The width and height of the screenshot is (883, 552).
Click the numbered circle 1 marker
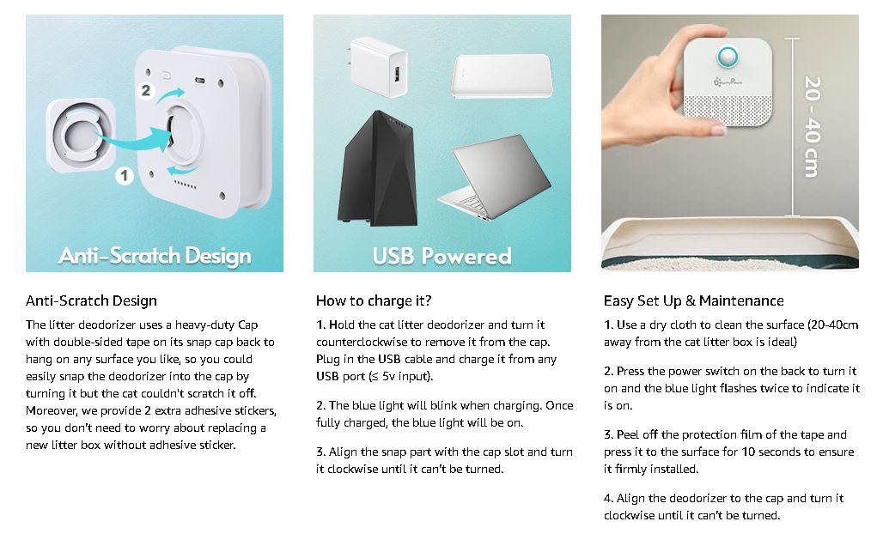(x=125, y=176)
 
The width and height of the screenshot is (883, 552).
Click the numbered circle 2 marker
(x=146, y=90)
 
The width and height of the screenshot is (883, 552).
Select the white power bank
(x=501, y=76)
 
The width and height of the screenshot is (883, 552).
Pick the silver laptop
(x=494, y=177)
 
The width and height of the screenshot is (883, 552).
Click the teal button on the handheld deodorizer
(x=727, y=57)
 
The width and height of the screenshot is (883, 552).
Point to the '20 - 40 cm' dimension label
(x=812, y=126)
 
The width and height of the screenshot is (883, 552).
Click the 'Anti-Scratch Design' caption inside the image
(x=155, y=256)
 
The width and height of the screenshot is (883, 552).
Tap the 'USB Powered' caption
(x=442, y=256)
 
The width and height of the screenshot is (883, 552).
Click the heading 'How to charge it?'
(x=374, y=301)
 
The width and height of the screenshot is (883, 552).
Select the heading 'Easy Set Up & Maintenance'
(x=694, y=301)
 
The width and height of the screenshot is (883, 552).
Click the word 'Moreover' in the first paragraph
(x=52, y=410)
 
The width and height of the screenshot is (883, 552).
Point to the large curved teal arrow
(x=134, y=141)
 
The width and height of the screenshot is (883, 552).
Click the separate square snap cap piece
(x=81, y=136)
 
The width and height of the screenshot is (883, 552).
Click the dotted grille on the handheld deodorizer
(x=728, y=109)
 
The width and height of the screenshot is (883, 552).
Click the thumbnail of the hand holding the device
(x=730, y=143)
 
